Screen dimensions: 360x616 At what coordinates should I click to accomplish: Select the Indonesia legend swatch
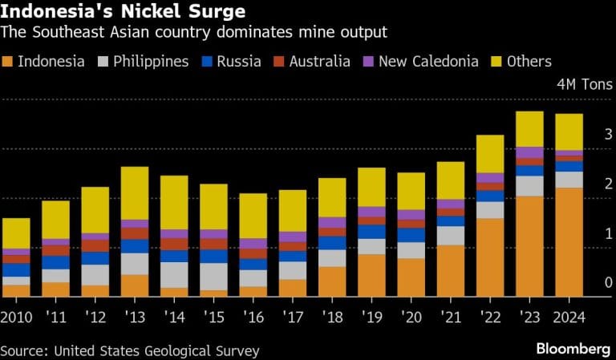(x=8, y=61)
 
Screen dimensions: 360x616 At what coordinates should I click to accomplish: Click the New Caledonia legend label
(x=427, y=61)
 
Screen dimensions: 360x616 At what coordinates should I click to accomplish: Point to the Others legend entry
(x=529, y=61)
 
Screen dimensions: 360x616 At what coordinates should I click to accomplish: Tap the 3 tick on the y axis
(x=608, y=134)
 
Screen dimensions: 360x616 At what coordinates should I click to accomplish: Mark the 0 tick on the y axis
(x=608, y=282)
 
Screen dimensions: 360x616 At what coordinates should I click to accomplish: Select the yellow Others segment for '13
(x=135, y=192)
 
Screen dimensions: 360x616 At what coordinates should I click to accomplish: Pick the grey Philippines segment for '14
(x=174, y=274)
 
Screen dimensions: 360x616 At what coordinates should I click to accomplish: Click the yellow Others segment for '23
(x=529, y=128)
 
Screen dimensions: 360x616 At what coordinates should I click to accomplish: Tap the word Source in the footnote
(x=22, y=351)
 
